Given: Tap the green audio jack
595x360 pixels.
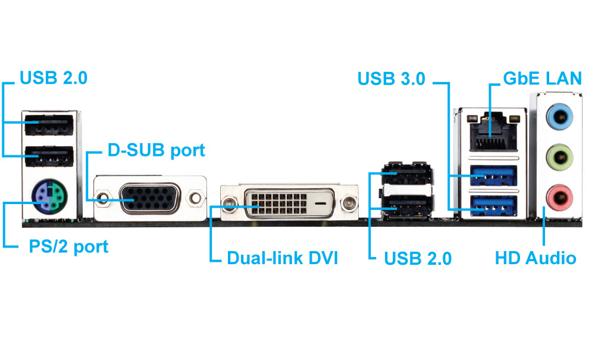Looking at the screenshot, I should tap(558, 157).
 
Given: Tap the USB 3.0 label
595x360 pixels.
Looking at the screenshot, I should tap(392, 79).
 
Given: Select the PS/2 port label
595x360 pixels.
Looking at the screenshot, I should tap(69, 246).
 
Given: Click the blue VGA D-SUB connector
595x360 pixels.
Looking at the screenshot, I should tap(148, 199).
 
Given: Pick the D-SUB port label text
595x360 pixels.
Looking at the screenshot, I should tap(156, 150).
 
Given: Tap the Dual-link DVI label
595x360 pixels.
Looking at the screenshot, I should tap(283, 258).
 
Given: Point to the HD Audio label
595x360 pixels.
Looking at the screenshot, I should tap(535, 258).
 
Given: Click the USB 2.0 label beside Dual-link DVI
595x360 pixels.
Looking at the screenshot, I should tap(418, 258).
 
